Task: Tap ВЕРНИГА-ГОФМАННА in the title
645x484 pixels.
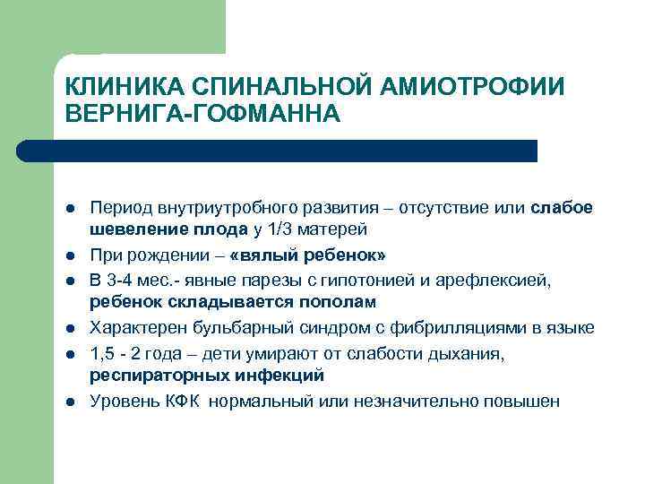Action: pos(203,114)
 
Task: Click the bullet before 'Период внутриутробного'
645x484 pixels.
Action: pos(69,209)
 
